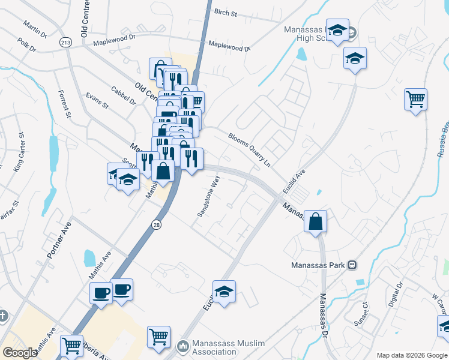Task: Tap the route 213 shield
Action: click(65, 42)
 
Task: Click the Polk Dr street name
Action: click(27, 44)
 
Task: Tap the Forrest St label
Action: click(64, 103)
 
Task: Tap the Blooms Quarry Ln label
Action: click(250, 149)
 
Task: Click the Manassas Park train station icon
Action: click(352, 265)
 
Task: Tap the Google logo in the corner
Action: click(20, 353)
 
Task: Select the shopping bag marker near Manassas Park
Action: click(315, 222)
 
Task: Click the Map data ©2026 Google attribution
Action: click(411, 355)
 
